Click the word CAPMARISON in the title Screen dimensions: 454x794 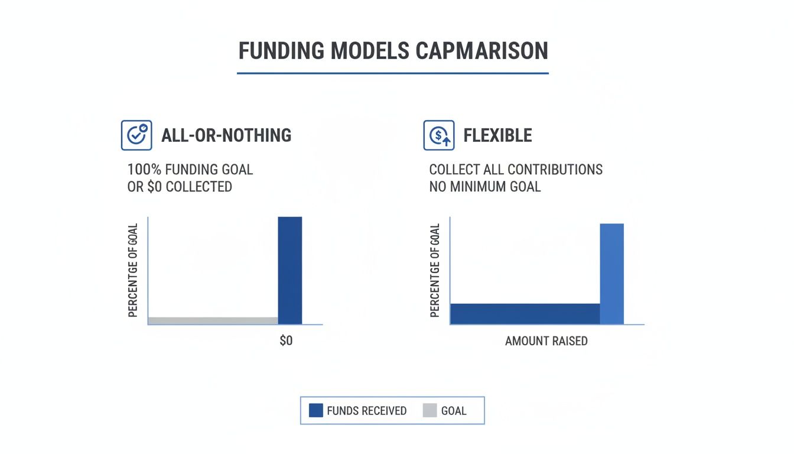(x=481, y=51)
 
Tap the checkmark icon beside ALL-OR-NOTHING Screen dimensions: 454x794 (x=136, y=135)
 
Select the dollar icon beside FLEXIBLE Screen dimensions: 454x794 (x=439, y=135)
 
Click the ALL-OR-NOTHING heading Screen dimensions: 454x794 (x=226, y=135)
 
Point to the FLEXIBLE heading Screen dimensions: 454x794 (x=497, y=135)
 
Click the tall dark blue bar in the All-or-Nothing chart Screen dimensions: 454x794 (x=290, y=270)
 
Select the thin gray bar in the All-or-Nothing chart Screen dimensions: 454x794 (x=213, y=320)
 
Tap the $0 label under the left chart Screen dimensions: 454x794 (x=286, y=342)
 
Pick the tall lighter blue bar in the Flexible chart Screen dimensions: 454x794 (x=611, y=274)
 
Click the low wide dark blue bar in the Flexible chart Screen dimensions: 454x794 (x=525, y=314)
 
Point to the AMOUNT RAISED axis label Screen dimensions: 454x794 (x=546, y=341)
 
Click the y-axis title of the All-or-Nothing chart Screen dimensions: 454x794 (x=133, y=270)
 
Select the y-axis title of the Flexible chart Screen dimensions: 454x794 (x=435, y=270)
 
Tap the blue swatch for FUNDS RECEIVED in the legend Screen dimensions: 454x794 (x=316, y=410)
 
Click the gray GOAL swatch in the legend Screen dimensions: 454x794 (x=429, y=410)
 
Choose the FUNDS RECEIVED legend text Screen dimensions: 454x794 (x=366, y=410)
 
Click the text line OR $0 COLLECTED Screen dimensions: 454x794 (x=180, y=187)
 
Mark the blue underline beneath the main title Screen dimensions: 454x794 (x=392, y=73)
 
